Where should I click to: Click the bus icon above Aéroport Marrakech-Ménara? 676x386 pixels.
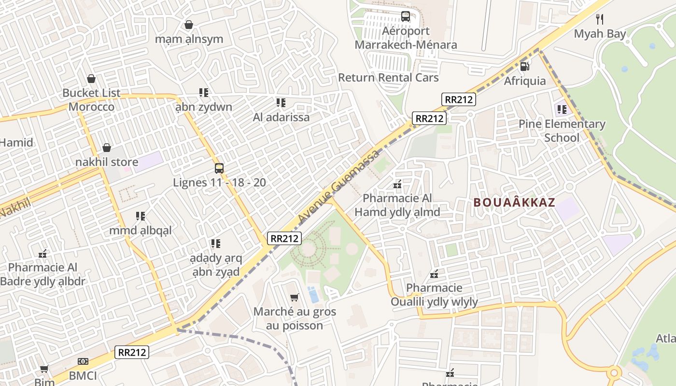406,16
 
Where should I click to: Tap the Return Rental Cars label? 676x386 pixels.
388,78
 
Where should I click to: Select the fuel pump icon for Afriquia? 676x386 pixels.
525,66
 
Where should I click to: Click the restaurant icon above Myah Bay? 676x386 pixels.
600,19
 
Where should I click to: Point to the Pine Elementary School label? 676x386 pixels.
562,131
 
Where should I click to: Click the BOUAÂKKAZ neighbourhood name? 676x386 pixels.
514,203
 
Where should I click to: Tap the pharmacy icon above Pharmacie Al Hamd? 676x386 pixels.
397,184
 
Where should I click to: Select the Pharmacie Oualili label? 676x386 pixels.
434,295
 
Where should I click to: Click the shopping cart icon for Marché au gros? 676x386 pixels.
294,297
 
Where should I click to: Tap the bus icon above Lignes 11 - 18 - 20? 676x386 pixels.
219,168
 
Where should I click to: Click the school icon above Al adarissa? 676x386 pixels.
281,103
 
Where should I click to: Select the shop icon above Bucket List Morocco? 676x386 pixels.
91,79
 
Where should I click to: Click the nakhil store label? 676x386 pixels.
107,162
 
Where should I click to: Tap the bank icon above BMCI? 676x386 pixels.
83,361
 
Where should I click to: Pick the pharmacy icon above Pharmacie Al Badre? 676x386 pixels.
42,253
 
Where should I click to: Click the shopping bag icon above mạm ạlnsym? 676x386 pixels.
189,25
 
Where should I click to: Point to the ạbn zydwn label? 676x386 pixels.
203,107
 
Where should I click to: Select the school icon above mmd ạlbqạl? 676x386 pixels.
141,216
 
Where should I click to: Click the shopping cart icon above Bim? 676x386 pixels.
44,369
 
